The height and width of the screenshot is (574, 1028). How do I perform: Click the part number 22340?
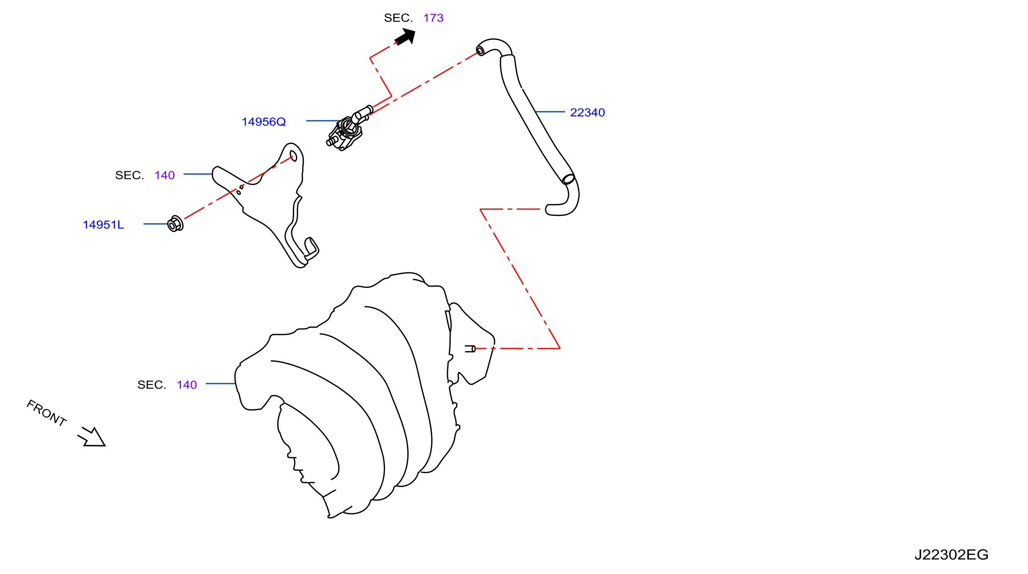pos(587,113)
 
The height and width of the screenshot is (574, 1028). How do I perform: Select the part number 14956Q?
pos(264,122)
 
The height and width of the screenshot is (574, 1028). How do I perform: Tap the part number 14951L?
pos(103,224)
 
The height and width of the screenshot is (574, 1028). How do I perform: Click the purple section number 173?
pos(433,18)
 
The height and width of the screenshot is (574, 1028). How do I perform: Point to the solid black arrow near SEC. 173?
pos(405,36)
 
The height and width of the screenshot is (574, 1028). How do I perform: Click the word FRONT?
pos(46,413)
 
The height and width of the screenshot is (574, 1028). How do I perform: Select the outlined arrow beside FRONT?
pos(92,437)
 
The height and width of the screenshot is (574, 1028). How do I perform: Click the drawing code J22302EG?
pos(951,554)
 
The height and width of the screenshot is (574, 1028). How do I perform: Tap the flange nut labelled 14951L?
pos(175,224)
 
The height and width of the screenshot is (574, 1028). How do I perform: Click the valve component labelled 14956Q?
pos(348,129)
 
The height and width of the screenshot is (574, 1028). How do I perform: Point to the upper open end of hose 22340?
pos(480,51)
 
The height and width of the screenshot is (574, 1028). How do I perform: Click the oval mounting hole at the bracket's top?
pos(293,156)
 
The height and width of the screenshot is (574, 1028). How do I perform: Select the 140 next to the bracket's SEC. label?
pos(164,175)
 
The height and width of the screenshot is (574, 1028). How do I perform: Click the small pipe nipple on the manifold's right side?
pos(470,349)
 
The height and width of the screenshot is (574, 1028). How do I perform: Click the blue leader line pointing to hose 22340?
pos(550,112)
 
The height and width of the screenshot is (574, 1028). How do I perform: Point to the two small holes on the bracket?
pos(240,190)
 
